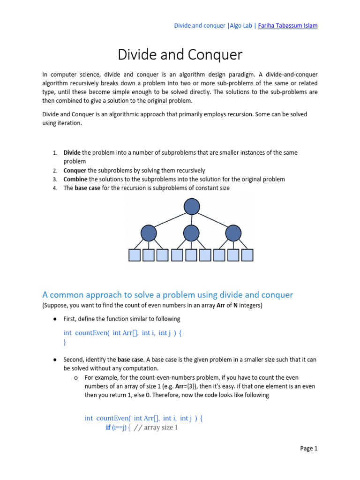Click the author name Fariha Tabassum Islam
(288, 26)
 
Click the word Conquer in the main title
(215, 55)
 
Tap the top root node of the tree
(192, 206)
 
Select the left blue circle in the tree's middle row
(149, 233)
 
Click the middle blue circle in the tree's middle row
(191, 233)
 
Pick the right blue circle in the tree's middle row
(233, 233)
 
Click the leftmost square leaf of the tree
(135, 255)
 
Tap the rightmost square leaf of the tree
(247, 255)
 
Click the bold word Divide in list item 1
(72, 153)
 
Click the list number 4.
(54, 188)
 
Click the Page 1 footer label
(309, 449)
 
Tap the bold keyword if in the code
(108, 427)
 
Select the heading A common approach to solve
(167, 295)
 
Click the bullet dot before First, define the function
(55, 319)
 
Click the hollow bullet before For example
(76, 377)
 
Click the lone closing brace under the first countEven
(65, 343)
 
